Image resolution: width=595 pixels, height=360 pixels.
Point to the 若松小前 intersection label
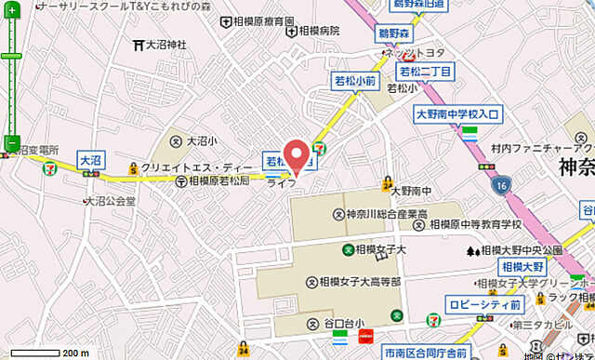click(354, 82)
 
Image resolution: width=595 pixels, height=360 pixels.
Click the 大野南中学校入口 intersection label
click(457, 114)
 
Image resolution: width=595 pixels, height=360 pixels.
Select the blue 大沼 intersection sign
click(90, 160)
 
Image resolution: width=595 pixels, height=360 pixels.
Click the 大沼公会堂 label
click(112, 200)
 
